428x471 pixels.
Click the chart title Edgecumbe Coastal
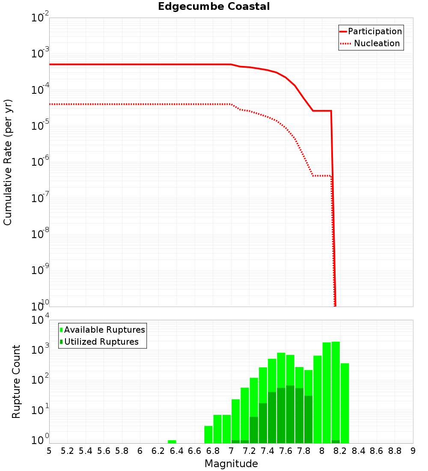[214, 6]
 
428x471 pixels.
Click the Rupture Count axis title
[16, 382]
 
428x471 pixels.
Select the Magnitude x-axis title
[231, 464]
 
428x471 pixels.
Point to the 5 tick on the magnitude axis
[49, 451]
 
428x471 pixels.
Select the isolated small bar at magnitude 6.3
[172, 441]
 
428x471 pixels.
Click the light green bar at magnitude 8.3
[345, 402]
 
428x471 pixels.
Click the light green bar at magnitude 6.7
[208, 434]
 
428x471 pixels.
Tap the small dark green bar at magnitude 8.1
[336, 441]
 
